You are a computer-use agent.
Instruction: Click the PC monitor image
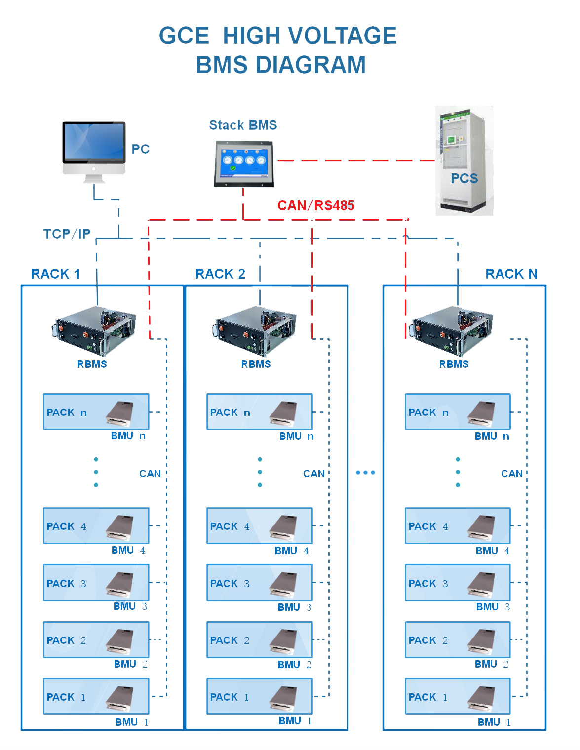(x=94, y=151)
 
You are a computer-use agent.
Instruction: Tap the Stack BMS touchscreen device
(x=244, y=164)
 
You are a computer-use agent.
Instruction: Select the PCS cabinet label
(x=464, y=178)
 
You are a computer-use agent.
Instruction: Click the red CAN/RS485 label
(x=316, y=205)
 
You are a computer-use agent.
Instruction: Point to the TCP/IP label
(x=67, y=234)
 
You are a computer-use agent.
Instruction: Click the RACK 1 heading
(x=56, y=274)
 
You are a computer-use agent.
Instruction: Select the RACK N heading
(x=511, y=274)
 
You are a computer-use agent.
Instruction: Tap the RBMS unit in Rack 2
(x=254, y=331)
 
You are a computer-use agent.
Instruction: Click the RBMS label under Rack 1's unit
(x=92, y=364)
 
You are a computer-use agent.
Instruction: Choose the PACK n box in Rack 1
(x=96, y=412)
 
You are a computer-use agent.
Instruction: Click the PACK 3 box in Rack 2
(x=259, y=583)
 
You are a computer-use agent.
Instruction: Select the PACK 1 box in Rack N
(x=458, y=697)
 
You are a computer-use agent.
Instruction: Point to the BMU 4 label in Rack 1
(x=128, y=550)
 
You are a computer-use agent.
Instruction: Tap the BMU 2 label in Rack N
(x=491, y=664)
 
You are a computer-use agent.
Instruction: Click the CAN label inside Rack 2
(x=314, y=473)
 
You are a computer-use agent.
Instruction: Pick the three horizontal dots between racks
(x=365, y=472)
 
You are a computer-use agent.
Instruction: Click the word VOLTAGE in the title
(x=342, y=36)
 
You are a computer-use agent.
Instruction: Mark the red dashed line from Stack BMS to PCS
(x=356, y=160)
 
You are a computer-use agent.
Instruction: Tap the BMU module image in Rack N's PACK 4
(x=481, y=527)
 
